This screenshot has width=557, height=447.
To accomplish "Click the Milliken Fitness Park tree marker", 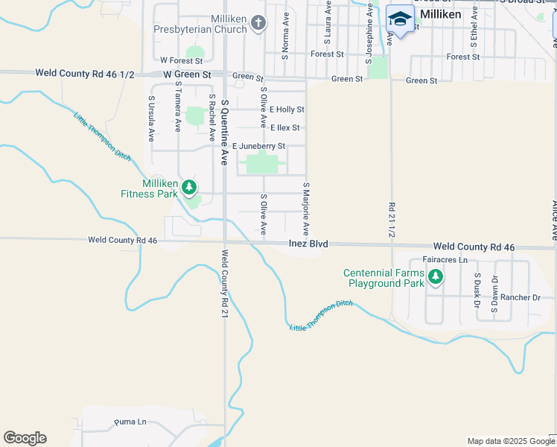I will click(190, 187).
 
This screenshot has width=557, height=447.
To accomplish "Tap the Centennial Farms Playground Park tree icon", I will click(436, 278).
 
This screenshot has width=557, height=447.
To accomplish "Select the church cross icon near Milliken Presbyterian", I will click(258, 23).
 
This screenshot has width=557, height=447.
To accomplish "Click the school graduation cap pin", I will click(400, 20).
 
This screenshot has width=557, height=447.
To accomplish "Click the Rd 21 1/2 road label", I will click(391, 219).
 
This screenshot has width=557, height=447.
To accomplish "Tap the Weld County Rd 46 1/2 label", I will click(86, 73).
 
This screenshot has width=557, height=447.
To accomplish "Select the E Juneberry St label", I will click(259, 146).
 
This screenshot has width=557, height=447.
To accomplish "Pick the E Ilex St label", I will click(285, 128).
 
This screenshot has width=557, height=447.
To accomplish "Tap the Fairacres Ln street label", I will click(445, 260).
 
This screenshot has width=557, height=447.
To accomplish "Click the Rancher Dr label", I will click(521, 297).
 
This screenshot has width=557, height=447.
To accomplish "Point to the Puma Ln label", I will click(131, 422).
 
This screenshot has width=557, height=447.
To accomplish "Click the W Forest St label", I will click(182, 60).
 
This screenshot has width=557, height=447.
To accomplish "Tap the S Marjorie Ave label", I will click(305, 209).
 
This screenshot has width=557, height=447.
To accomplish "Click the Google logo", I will click(25, 438).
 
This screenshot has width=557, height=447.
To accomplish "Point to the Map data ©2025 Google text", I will click(510, 441).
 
